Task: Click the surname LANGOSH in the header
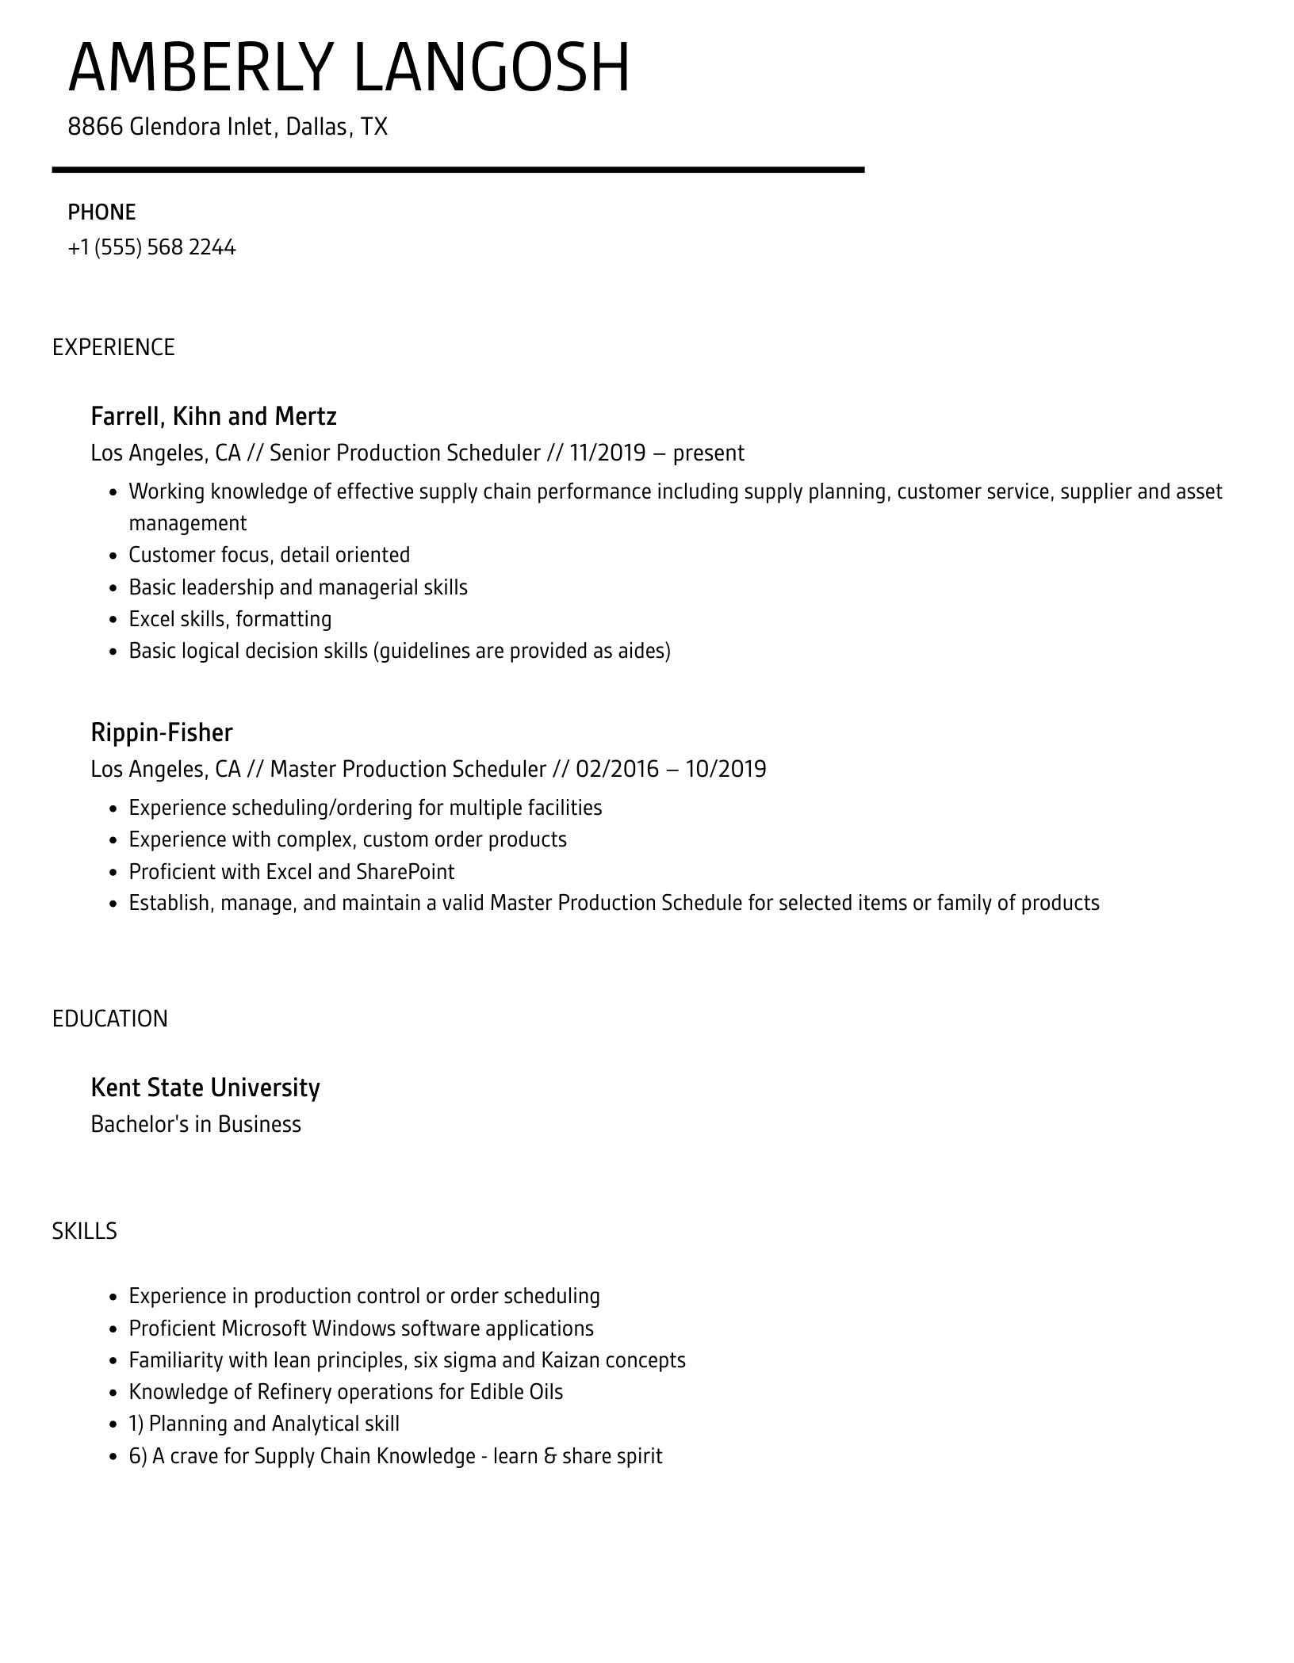(x=491, y=68)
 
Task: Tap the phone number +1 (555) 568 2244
(x=151, y=248)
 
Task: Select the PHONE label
(x=101, y=212)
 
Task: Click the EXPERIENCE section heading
(x=113, y=348)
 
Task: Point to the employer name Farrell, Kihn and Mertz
(x=213, y=416)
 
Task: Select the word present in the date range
(x=708, y=453)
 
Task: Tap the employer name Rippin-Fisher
(x=162, y=732)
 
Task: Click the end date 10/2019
(x=725, y=770)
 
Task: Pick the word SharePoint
(x=405, y=872)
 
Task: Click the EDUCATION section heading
(x=110, y=1019)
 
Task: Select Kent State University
(x=205, y=1088)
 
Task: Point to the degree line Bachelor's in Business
(x=196, y=1125)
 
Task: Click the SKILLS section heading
(x=85, y=1231)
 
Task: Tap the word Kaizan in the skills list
(x=570, y=1360)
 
